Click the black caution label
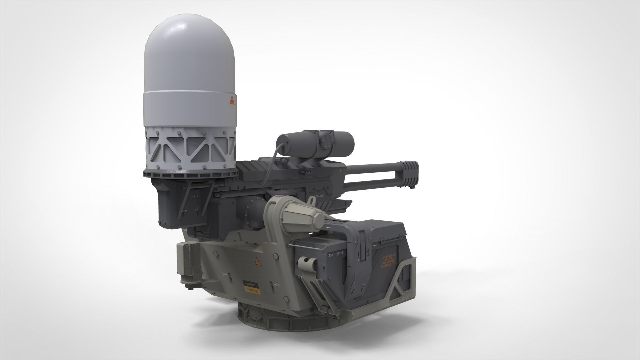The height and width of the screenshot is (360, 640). [250, 284]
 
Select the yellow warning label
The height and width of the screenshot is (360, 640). [252, 291]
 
